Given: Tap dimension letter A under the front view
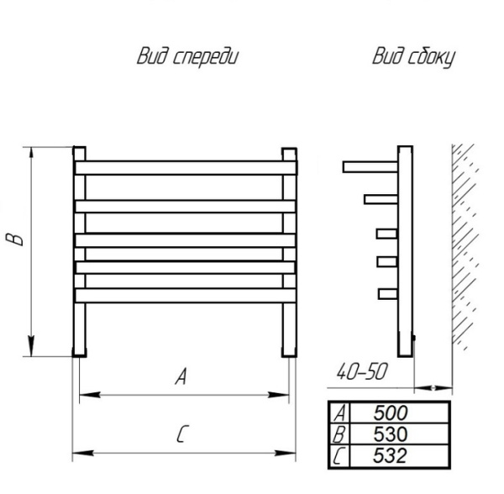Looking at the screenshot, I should point(180,378).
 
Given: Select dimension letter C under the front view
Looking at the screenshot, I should point(181,434).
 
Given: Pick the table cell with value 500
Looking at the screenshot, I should point(391,413).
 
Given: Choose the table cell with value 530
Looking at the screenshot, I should point(391,434).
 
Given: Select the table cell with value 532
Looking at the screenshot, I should point(391,455).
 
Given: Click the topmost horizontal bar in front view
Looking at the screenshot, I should point(185,168).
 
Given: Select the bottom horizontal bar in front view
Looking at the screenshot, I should point(185,295).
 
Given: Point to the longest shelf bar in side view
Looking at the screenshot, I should point(370,166).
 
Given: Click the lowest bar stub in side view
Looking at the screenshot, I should point(386,293).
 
